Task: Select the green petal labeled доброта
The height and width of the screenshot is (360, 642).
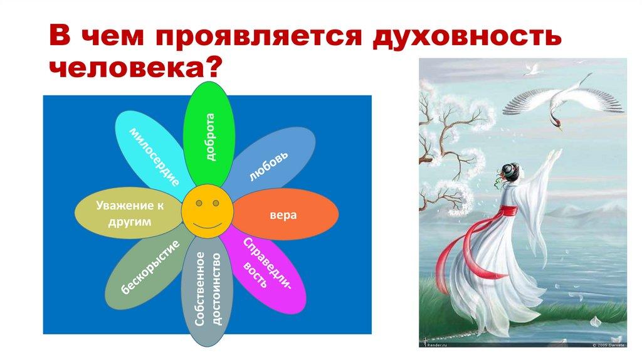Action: tap(209, 134)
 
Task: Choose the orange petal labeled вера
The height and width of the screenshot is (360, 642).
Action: tap(286, 215)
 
